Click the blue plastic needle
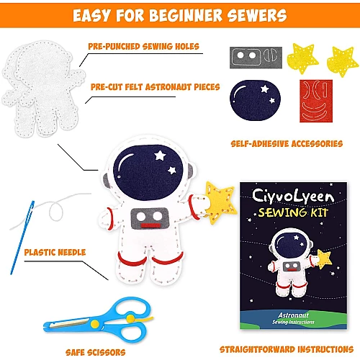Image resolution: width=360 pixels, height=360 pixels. (22, 238)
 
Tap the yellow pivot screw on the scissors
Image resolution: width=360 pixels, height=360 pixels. (95, 324)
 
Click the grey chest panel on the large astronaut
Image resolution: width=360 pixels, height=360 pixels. (150, 218)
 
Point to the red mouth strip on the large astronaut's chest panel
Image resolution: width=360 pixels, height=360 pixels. (150, 225)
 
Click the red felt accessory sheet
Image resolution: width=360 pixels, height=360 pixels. (316, 101)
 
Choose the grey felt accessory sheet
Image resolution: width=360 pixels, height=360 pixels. (256, 58)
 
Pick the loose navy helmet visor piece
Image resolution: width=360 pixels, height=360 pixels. (255, 100)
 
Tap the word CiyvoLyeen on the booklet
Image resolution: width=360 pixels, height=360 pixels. (293, 196)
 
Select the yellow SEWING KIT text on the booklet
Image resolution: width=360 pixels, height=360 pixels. (293, 212)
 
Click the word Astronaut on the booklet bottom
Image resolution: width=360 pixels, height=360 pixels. (293, 315)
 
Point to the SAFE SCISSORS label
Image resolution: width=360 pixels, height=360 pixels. (96, 352)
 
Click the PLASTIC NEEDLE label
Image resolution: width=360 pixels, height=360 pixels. (55, 252)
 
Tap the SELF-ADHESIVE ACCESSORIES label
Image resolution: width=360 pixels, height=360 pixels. (287, 144)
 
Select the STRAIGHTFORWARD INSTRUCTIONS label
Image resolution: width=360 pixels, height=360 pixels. (287, 349)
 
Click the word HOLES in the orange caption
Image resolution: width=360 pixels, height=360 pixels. (187, 46)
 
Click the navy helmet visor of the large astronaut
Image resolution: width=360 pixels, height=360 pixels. (148, 172)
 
